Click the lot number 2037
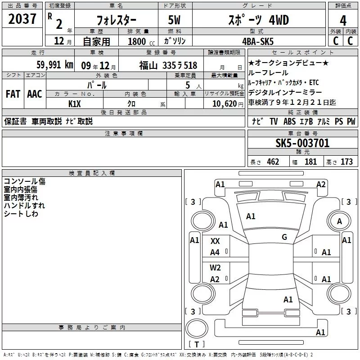click(x=22, y=19)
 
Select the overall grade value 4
click(x=343, y=21)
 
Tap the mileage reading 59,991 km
click(x=55, y=65)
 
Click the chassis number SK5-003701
click(x=302, y=143)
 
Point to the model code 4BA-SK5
click(x=258, y=41)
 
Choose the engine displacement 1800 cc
click(x=141, y=42)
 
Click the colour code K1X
click(x=75, y=104)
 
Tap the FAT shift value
click(x=13, y=94)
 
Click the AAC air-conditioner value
click(x=35, y=94)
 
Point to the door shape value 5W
click(x=174, y=20)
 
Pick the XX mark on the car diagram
click(x=215, y=241)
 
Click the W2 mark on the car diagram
click(x=215, y=268)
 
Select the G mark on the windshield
click(x=284, y=237)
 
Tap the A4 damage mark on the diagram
click(x=215, y=252)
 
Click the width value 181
click(x=310, y=162)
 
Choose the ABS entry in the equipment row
click(x=289, y=121)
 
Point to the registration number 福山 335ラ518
click(x=168, y=66)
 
